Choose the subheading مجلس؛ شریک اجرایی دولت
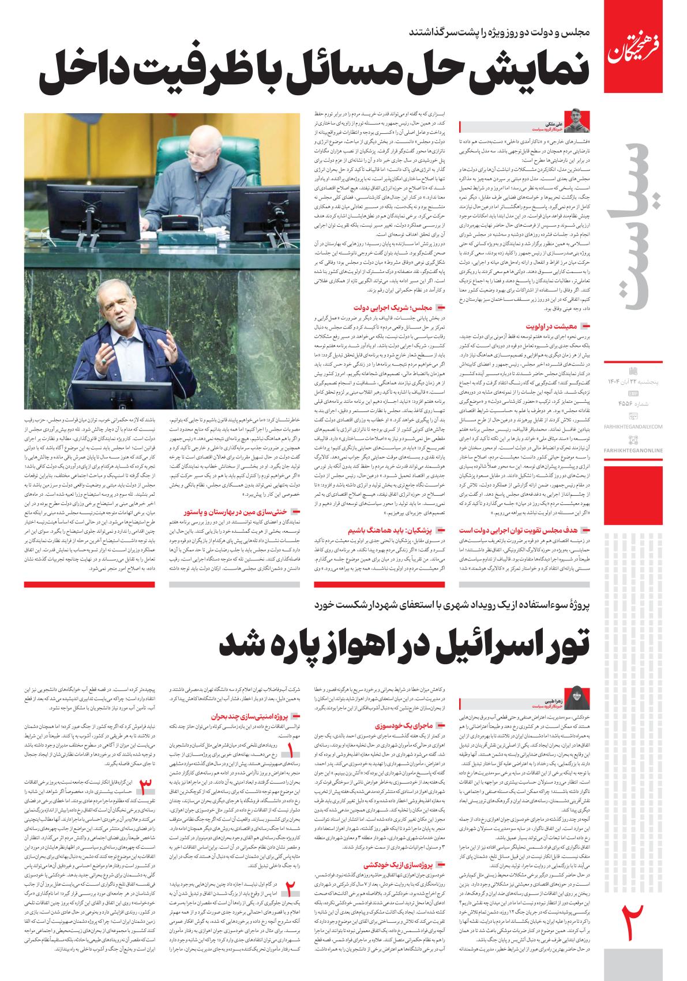point(401,308)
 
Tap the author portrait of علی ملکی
point(579,121)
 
